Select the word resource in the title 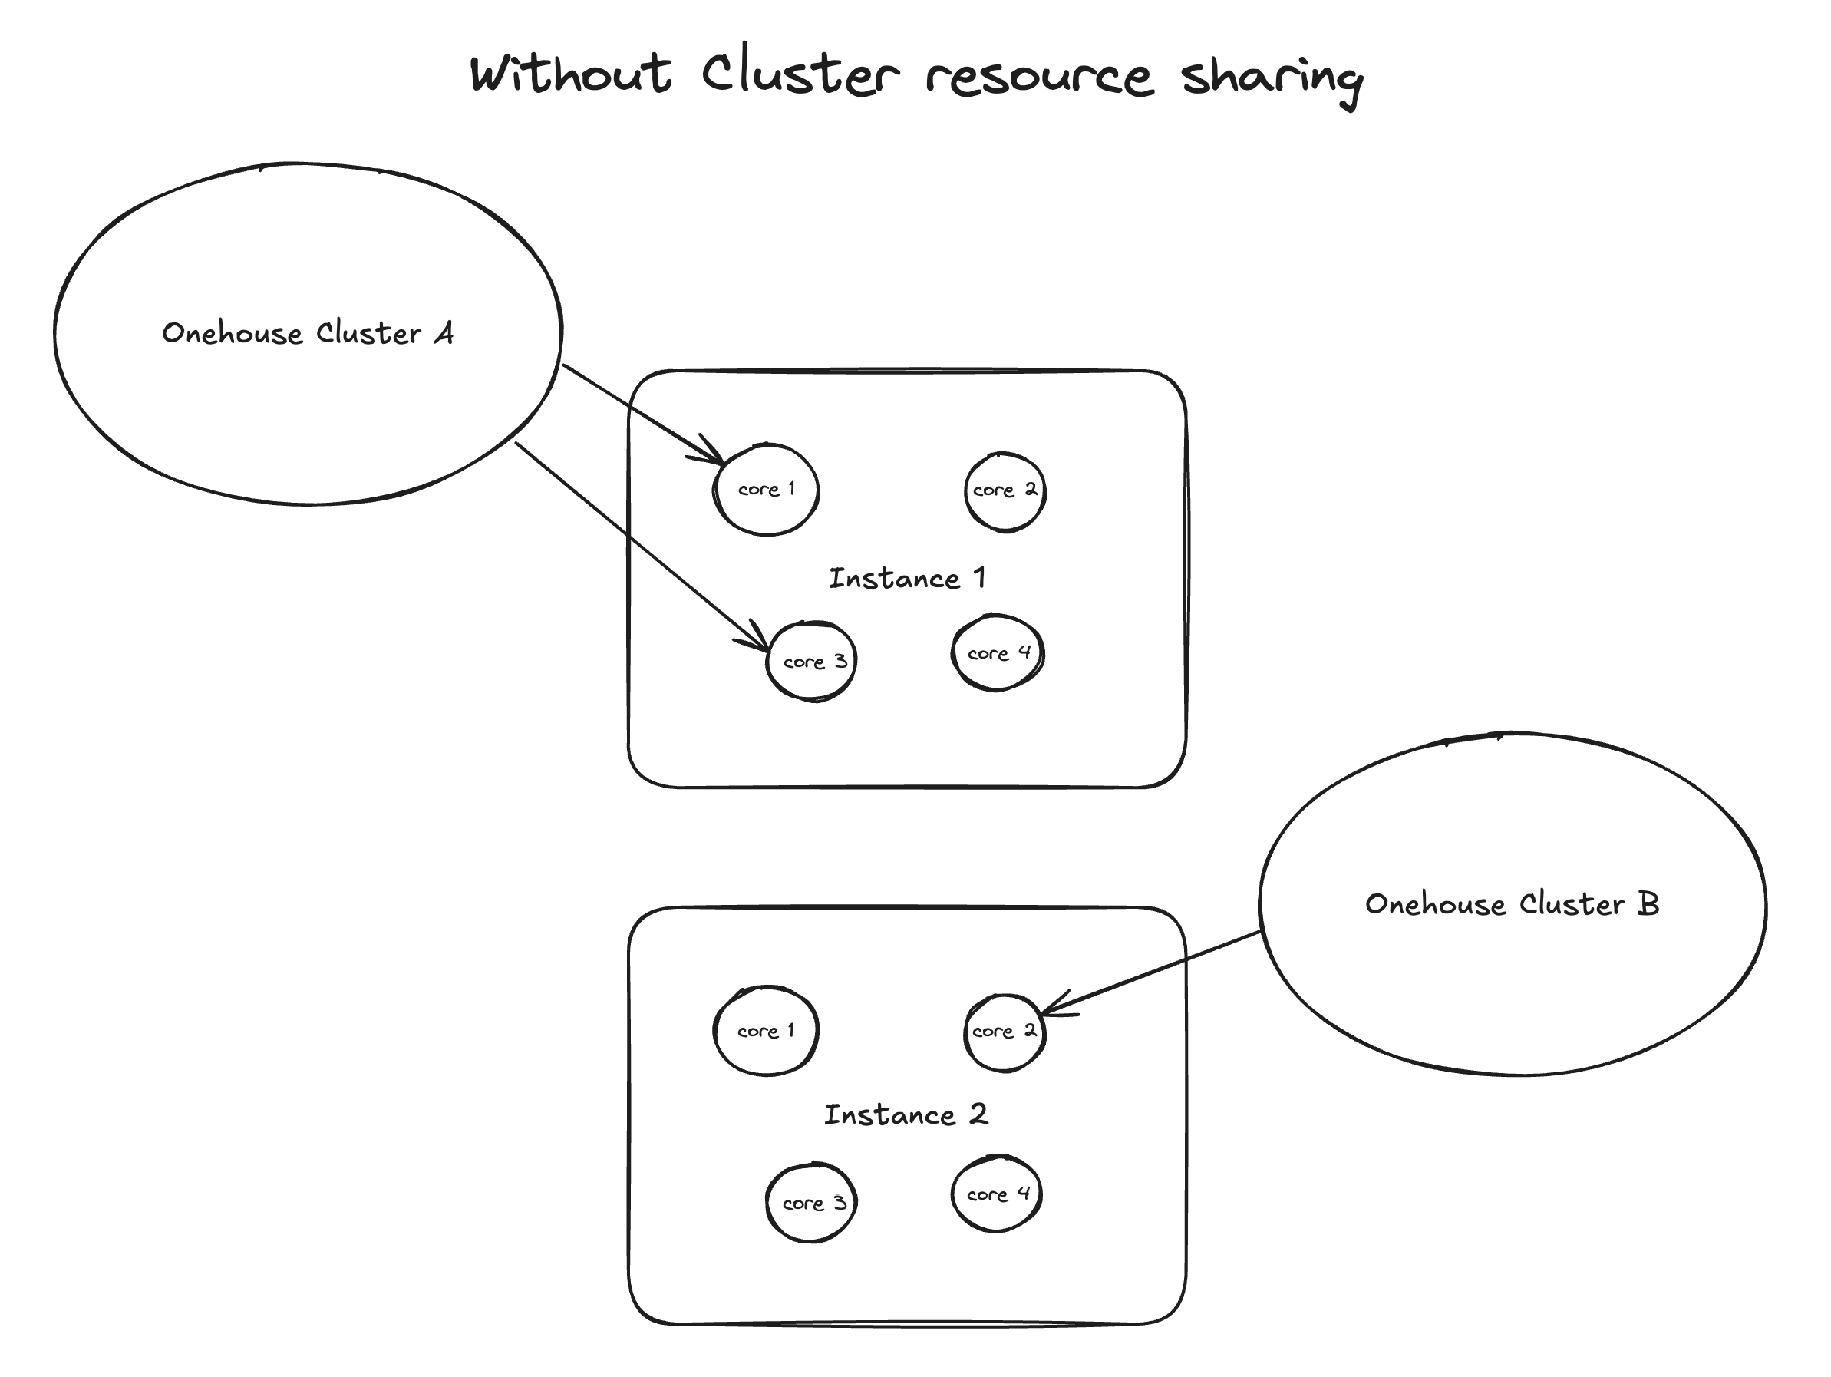tap(1039, 76)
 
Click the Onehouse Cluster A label tap(307, 333)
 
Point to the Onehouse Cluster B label tap(1512, 903)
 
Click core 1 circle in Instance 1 tap(767, 490)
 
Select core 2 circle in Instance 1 tap(1005, 491)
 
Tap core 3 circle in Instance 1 tap(812, 662)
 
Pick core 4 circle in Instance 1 tap(998, 653)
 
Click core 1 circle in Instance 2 tap(766, 1031)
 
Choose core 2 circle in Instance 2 tap(1004, 1032)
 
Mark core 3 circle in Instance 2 tap(811, 1203)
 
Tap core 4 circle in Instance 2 tap(997, 1194)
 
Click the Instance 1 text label tap(907, 578)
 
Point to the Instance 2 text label tap(906, 1114)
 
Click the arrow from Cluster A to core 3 tap(642, 547)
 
